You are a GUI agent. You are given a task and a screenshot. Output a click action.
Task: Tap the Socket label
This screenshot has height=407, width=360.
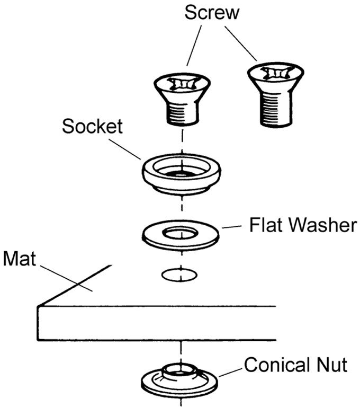[92, 127]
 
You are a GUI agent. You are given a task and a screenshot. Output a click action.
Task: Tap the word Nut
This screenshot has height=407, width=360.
[332, 365]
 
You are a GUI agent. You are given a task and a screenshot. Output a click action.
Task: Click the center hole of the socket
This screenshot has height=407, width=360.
[182, 173]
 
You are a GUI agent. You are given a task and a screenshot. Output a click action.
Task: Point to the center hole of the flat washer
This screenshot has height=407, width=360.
[182, 232]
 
